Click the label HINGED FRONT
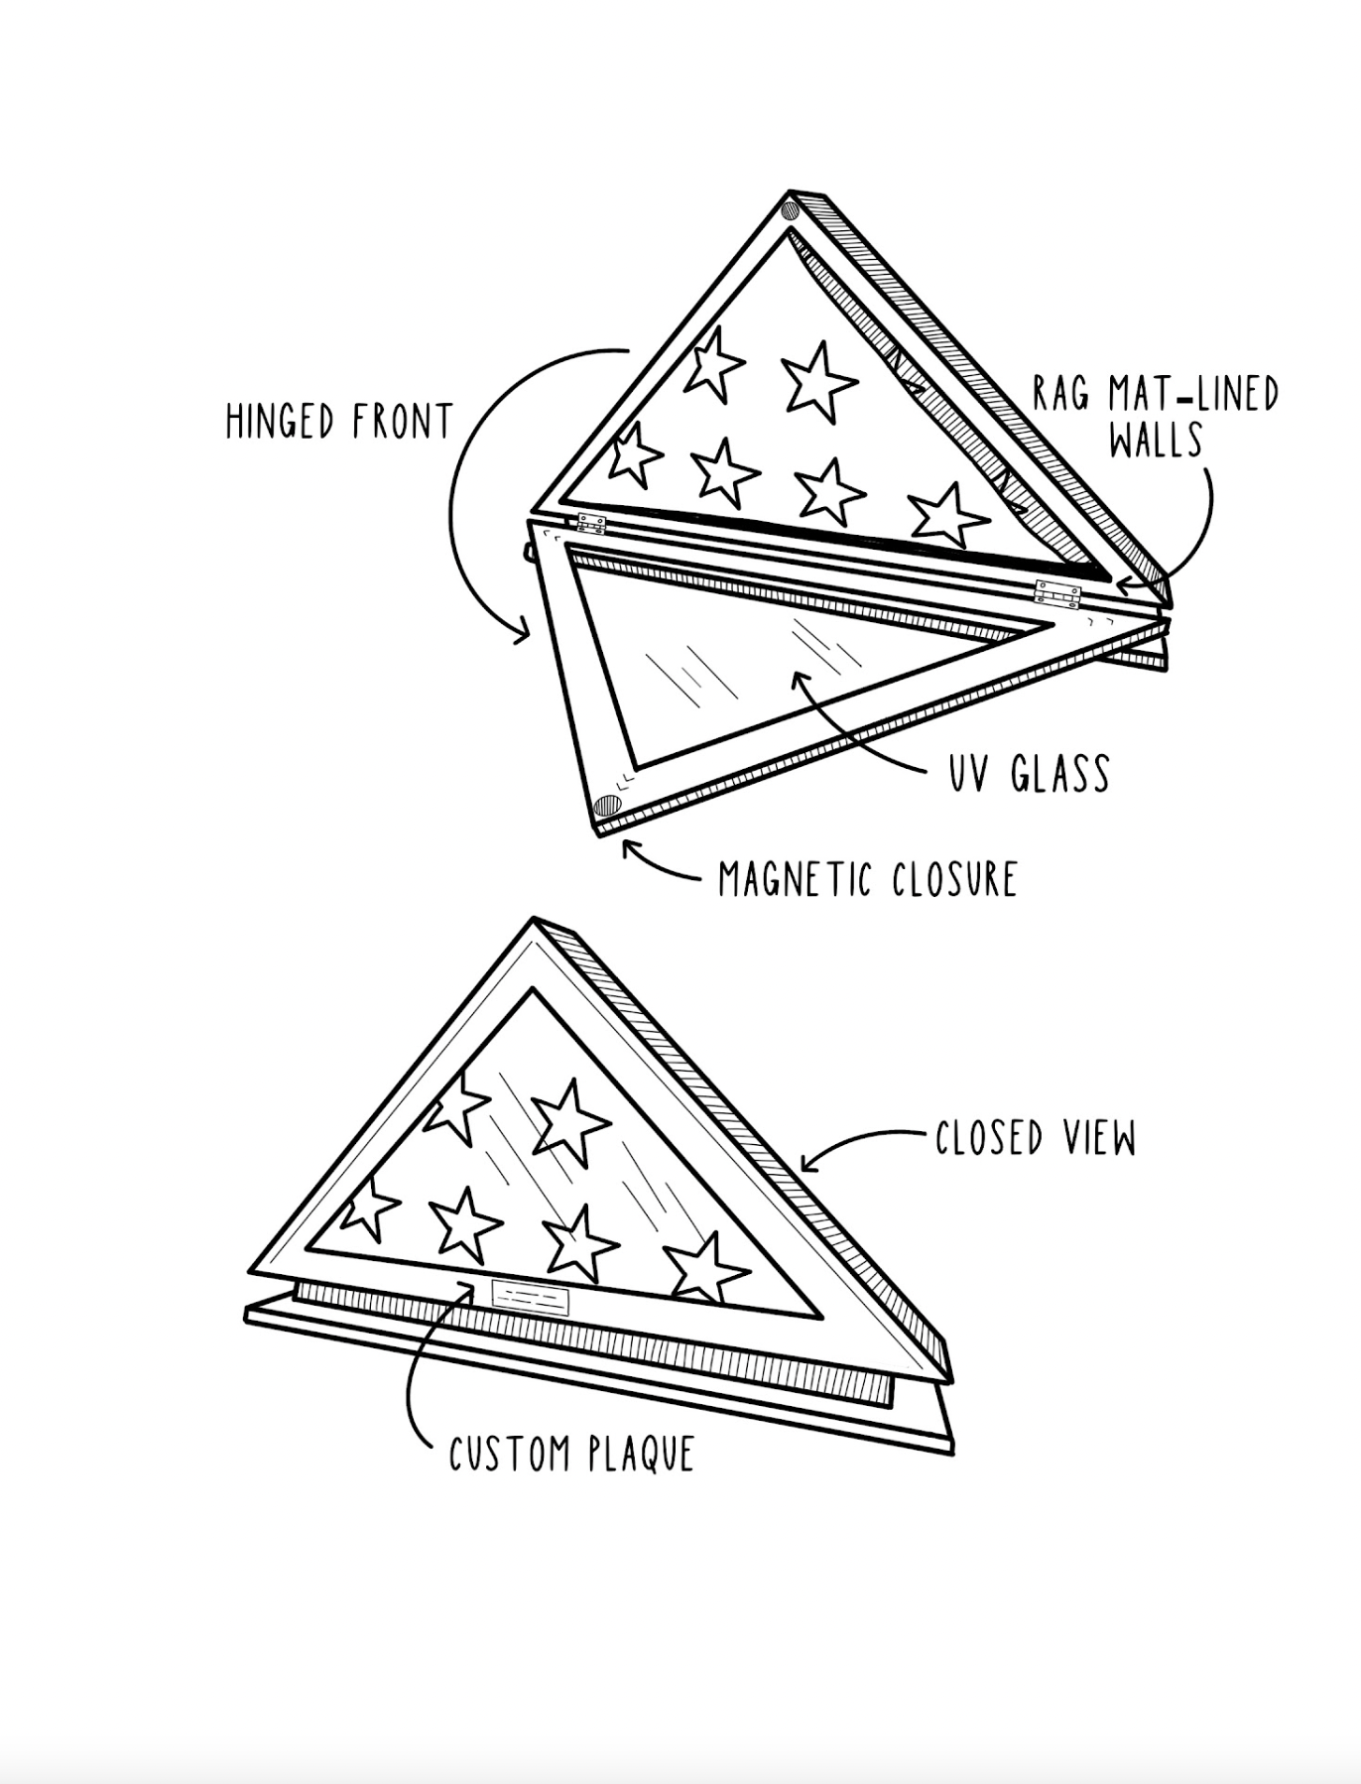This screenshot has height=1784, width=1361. click(x=339, y=422)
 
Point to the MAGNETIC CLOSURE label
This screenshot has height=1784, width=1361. click(x=868, y=880)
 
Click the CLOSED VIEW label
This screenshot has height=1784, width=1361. click(x=1036, y=1139)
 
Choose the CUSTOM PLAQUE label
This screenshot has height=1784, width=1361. click(x=571, y=1455)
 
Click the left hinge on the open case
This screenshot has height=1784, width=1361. click(x=591, y=524)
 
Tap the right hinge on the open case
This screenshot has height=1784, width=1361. click(x=1056, y=592)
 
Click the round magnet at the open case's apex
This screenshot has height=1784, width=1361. click(x=791, y=210)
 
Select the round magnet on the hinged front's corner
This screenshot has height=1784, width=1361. click(x=607, y=805)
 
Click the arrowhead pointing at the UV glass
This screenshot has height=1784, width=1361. click(x=800, y=679)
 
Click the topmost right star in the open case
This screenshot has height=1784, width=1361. click(x=819, y=379)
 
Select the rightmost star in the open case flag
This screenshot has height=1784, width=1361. click(x=946, y=515)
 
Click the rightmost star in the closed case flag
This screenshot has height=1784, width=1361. click(x=705, y=1268)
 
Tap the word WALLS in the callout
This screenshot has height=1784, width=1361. click(x=1156, y=440)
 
